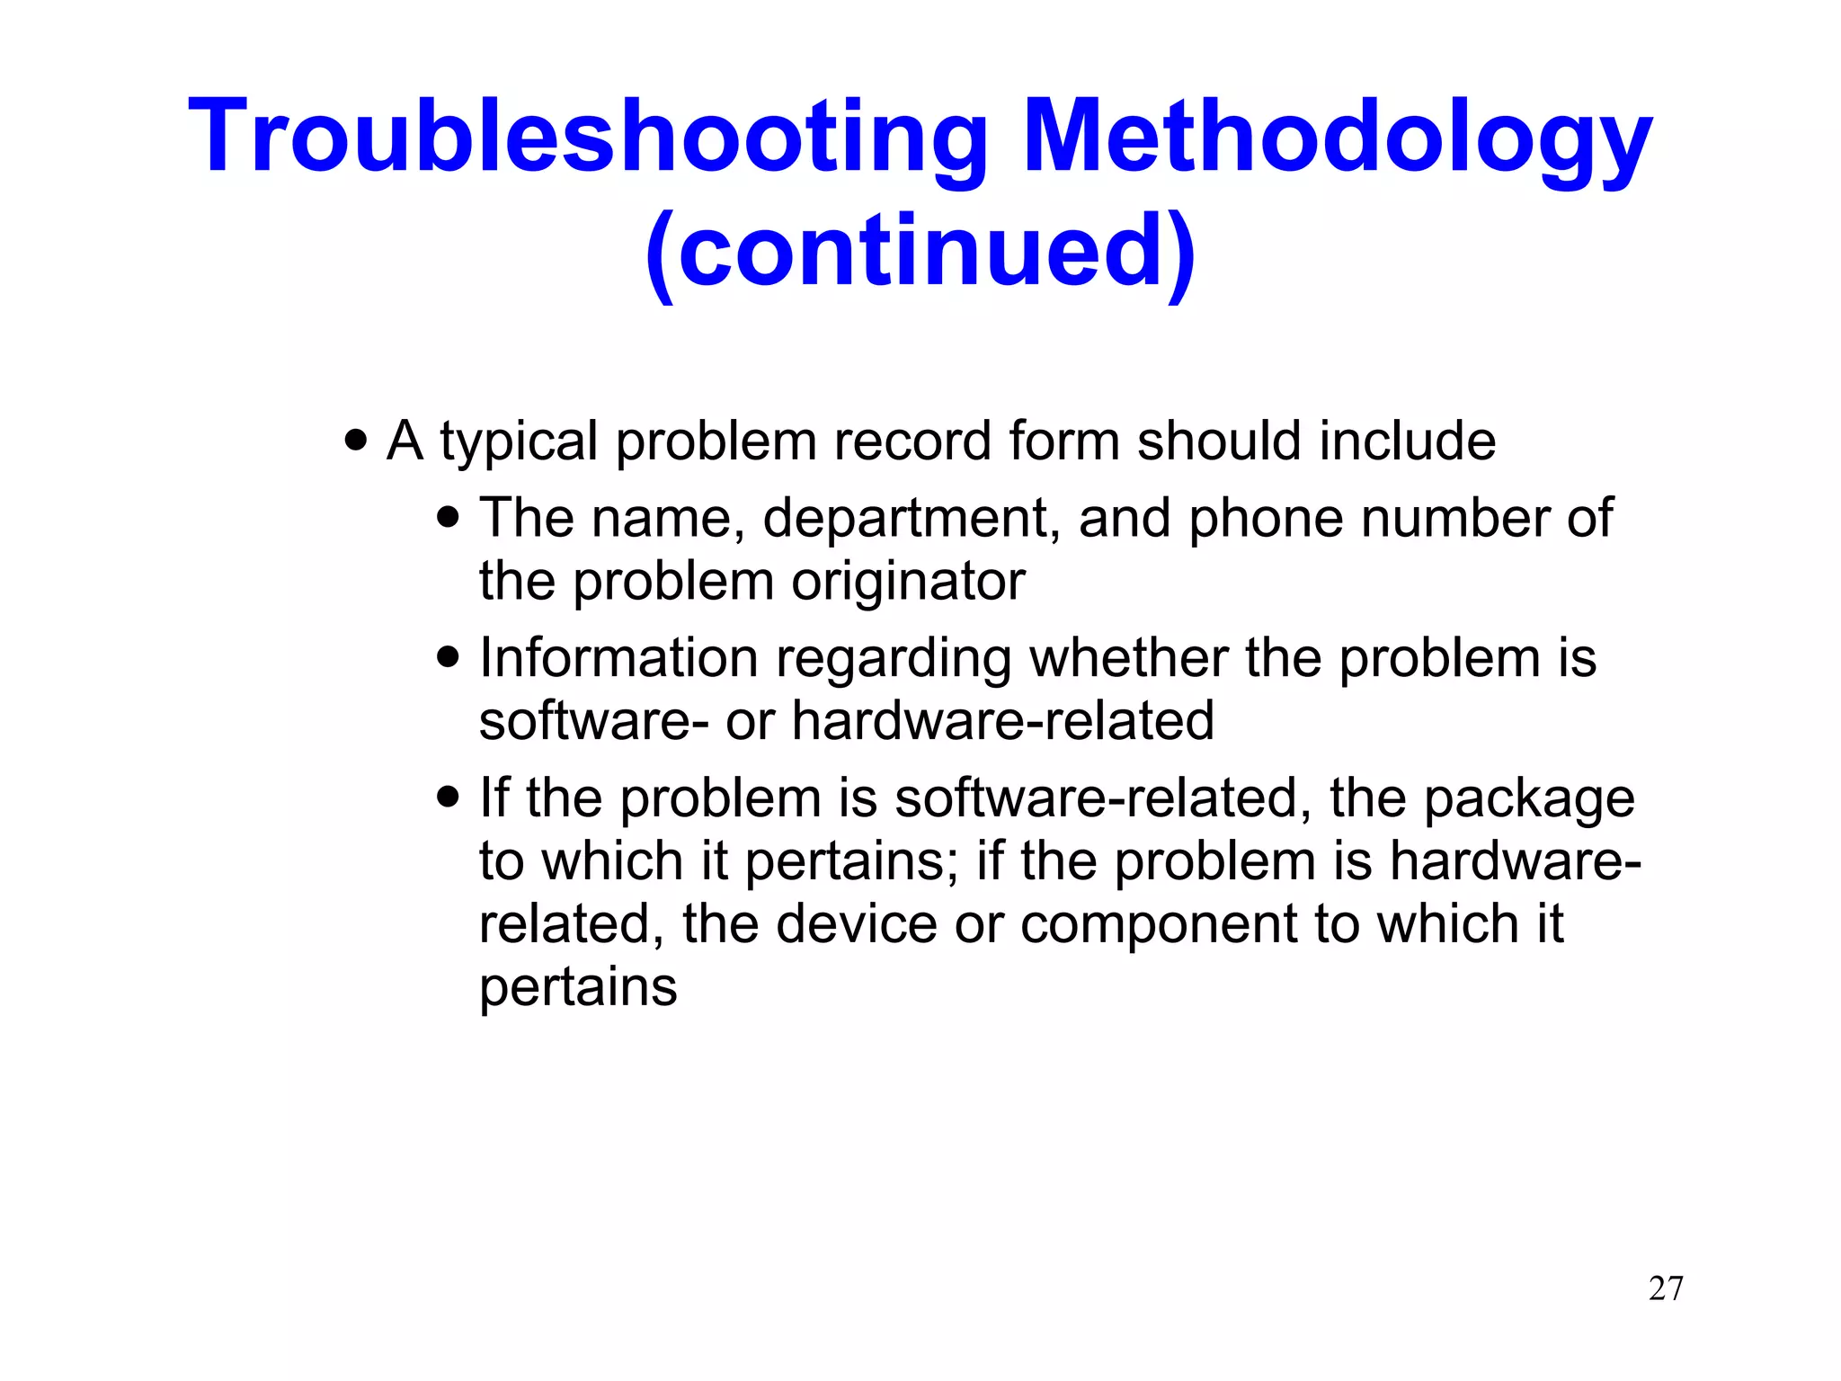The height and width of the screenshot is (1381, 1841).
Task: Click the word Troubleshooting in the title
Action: click(x=589, y=137)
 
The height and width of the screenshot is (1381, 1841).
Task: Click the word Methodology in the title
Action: click(x=1337, y=137)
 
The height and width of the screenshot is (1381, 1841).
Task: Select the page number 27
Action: click(x=1666, y=1288)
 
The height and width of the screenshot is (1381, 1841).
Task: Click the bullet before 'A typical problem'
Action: click(x=356, y=441)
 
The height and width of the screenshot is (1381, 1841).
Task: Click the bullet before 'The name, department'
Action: click(x=448, y=519)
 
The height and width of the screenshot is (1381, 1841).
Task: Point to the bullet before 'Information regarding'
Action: click(x=448, y=658)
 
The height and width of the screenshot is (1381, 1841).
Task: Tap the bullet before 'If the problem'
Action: click(x=448, y=797)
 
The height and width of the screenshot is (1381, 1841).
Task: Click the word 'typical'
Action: click(x=519, y=442)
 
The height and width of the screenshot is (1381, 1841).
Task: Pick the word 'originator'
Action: click(x=908, y=581)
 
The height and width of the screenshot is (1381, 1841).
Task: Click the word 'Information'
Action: click(x=618, y=658)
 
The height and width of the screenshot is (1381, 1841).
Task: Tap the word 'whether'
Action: click(x=1128, y=658)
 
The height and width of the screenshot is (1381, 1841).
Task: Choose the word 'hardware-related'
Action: click(x=1002, y=721)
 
